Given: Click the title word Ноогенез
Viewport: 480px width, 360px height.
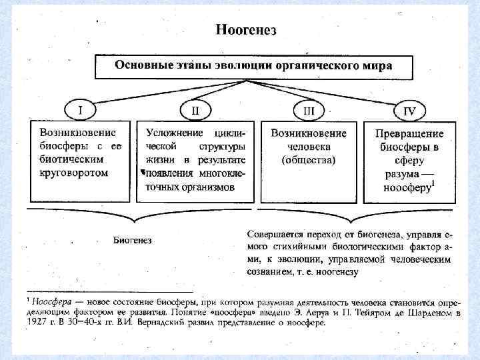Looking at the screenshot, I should [245, 29].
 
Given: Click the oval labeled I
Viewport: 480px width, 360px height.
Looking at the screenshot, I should [81, 109].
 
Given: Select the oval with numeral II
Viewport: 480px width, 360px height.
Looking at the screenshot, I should [195, 109].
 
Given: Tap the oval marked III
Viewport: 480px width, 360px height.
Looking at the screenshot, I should [309, 110].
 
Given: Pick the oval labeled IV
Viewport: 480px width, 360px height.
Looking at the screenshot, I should [410, 110].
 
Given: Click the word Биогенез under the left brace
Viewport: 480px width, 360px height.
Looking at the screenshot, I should [133, 240].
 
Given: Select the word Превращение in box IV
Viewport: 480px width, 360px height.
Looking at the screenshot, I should [409, 133].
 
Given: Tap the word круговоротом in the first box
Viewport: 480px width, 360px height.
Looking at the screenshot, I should [73, 172].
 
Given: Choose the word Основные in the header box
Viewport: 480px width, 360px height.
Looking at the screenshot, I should [141, 65].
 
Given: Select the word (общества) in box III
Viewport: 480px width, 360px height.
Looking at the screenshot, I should [309, 159].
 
